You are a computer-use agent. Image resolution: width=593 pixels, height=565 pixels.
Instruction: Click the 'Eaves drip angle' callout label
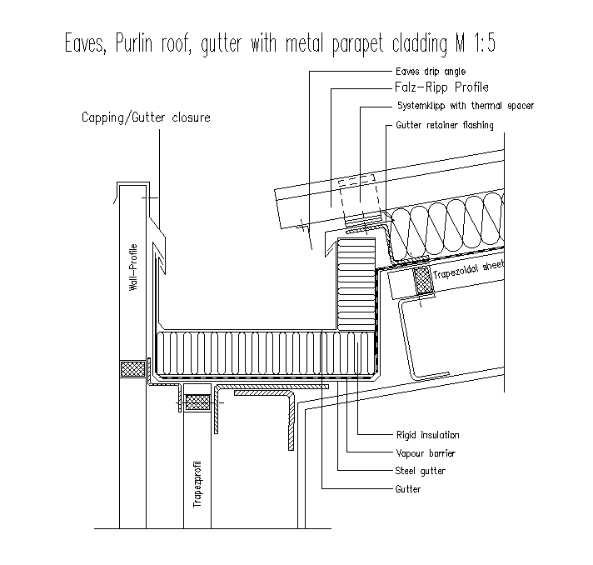pos(431,72)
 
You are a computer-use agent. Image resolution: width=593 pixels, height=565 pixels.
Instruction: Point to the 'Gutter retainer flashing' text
pos(444,126)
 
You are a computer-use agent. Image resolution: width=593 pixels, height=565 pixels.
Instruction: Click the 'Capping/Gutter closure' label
pos(146,117)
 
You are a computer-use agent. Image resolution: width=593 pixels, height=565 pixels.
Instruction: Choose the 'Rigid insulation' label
pos(427,435)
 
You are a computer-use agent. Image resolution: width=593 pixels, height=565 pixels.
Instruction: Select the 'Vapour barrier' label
pos(425,453)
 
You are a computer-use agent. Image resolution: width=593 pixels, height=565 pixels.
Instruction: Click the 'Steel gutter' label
pos(420,472)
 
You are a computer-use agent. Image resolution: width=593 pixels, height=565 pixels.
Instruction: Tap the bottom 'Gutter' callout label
pos(408,490)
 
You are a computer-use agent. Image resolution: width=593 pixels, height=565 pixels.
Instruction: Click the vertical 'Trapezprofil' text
pos(198,483)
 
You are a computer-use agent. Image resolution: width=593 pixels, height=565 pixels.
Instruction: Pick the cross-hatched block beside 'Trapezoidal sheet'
pos(421,281)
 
